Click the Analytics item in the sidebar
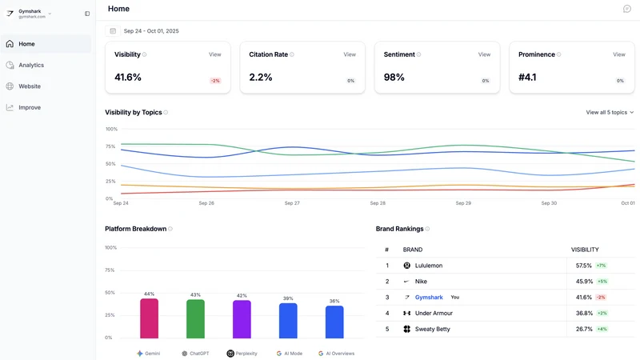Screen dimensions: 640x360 coord(31,65)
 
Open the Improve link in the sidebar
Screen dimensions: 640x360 coord(30,107)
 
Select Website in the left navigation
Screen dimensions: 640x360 coord(30,86)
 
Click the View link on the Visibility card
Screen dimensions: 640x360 coord(214,54)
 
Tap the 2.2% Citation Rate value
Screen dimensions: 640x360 coord(261,77)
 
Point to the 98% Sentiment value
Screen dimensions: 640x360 coord(394,77)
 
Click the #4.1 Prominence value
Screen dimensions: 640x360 coord(527,77)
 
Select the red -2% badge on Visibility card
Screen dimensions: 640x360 coord(215,81)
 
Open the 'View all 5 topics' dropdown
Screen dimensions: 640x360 coord(610,112)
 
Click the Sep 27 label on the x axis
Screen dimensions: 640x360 coord(292,203)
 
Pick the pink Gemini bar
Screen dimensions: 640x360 coord(149,318)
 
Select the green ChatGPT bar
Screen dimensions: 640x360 coord(195,318)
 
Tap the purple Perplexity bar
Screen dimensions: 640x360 coord(242,319)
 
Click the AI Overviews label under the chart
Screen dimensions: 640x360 coord(340,354)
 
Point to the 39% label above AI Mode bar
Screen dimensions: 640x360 coord(288,298)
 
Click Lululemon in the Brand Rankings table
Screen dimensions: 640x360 coord(429,266)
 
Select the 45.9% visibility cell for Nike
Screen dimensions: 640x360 coord(584,282)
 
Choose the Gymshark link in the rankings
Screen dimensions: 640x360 coord(429,297)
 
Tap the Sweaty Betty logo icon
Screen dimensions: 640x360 coord(407,329)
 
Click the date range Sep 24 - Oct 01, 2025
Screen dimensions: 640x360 coord(151,31)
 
